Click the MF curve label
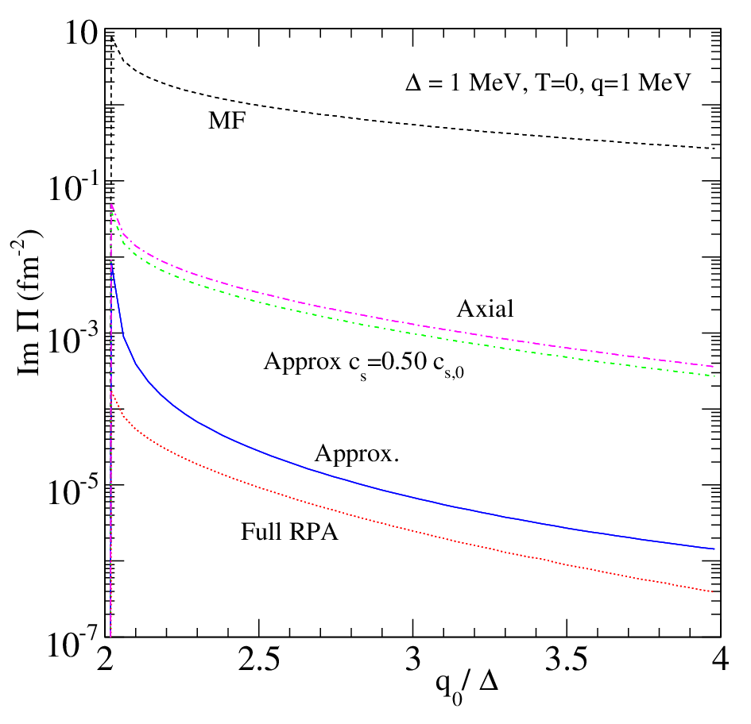(x=227, y=120)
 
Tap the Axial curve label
(x=486, y=309)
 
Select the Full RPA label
(x=289, y=532)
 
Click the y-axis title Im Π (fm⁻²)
(x=28, y=302)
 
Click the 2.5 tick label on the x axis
(x=259, y=660)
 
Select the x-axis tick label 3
(x=413, y=660)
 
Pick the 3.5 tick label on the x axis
(x=567, y=660)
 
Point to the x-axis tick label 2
(x=105, y=660)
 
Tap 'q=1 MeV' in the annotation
(x=641, y=83)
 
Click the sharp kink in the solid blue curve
(x=123, y=334)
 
